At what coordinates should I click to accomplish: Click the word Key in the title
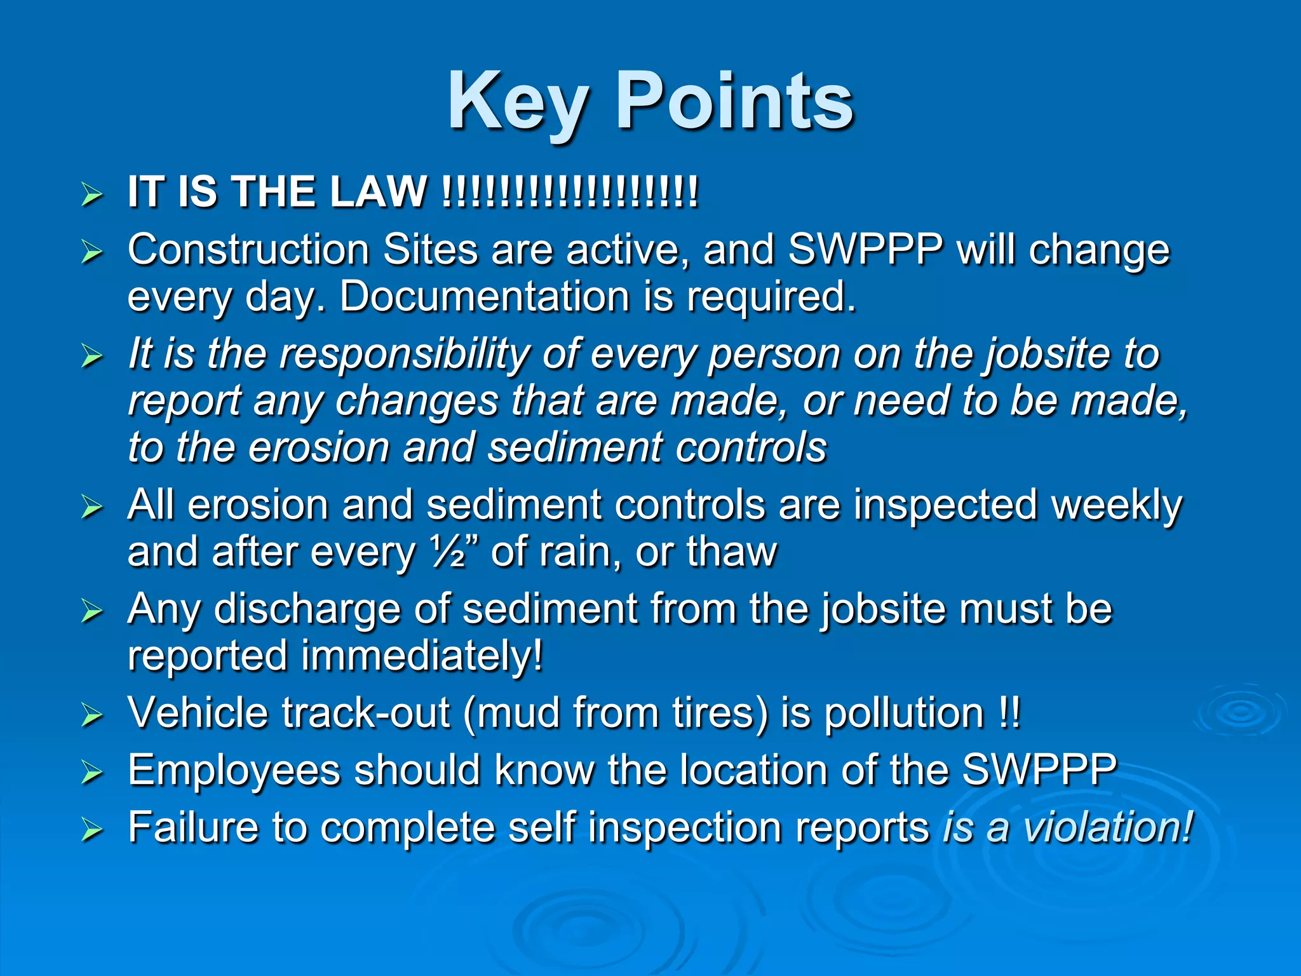518,103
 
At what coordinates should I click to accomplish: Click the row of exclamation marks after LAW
570,192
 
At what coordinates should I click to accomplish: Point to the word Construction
248,250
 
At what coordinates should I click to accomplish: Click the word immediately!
422,656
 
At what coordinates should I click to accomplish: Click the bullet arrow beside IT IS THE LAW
92,194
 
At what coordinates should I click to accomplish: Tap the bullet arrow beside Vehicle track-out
92,715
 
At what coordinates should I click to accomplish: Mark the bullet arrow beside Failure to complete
92,830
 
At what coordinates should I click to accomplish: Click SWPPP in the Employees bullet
1039,771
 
